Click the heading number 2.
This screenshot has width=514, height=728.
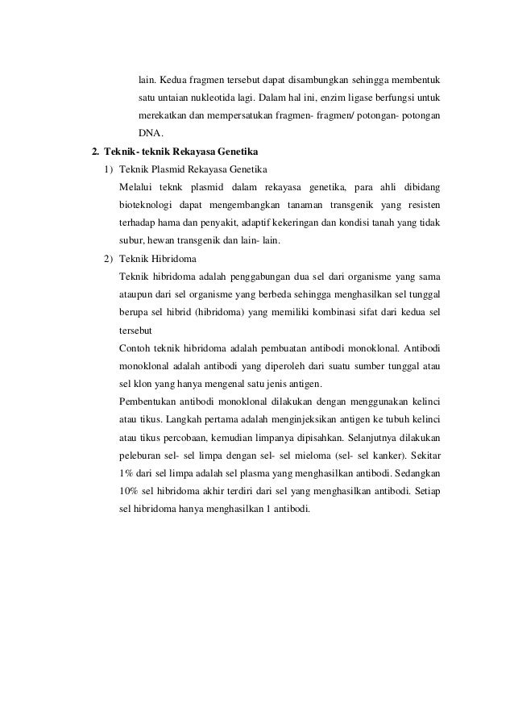(x=95, y=151)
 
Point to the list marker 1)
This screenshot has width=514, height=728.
(x=108, y=169)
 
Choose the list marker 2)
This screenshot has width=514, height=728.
(x=108, y=258)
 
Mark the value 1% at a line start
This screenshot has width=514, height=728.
(x=126, y=471)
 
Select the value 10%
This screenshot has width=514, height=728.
(x=128, y=489)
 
